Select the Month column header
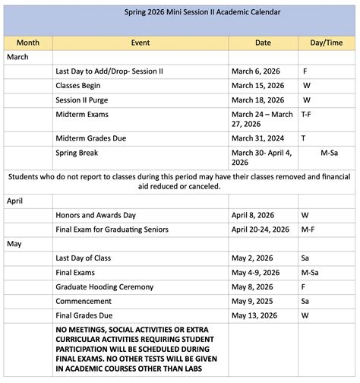(28, 43)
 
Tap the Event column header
(140, 43)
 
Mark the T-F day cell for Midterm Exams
(307, 114)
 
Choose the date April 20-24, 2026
(260, 229)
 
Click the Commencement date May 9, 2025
(257, 301)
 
